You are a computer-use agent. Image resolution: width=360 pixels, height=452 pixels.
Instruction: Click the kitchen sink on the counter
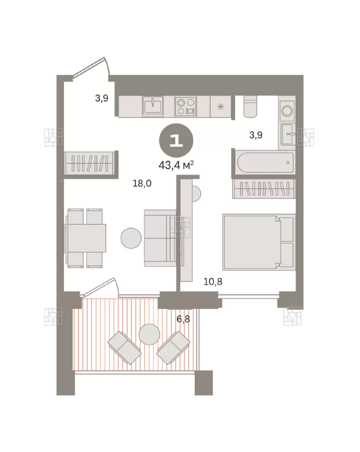pos(153,106)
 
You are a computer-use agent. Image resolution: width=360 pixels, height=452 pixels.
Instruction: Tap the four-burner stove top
pos(185,106)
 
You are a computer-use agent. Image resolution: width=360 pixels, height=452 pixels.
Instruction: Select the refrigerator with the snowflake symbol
pos(220,107)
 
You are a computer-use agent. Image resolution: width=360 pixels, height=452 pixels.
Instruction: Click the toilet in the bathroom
pos(250,106)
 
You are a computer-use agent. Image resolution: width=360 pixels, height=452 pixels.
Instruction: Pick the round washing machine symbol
pos(287,111)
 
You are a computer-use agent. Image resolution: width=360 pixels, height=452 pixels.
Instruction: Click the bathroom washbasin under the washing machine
pos(287,134)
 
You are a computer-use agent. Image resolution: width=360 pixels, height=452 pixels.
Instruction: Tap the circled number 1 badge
pos(176,140)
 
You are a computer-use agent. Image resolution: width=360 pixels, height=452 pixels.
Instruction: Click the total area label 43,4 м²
pos(176,165)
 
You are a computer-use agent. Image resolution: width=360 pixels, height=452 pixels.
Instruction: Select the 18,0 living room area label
pos(142,183)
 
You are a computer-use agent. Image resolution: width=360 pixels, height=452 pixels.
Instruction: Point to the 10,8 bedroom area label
pos(213,282)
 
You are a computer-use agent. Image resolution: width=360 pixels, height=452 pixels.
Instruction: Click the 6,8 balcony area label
pos(184,319)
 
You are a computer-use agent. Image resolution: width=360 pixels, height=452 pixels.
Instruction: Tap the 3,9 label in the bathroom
pos(256,135)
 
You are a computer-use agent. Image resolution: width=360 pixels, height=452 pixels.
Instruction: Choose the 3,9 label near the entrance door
pos(102,98)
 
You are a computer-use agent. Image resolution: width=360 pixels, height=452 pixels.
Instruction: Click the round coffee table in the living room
pos(131,238)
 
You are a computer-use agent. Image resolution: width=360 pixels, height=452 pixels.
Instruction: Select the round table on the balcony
pos(149,334)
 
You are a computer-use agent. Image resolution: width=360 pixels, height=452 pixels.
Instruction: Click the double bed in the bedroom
pos(259,242)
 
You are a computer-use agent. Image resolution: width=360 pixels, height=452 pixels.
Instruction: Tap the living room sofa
pos(160,238)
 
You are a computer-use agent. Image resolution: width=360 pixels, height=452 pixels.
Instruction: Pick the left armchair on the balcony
pos(124,348)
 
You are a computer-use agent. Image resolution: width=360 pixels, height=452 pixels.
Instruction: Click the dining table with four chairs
pos(85,238)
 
